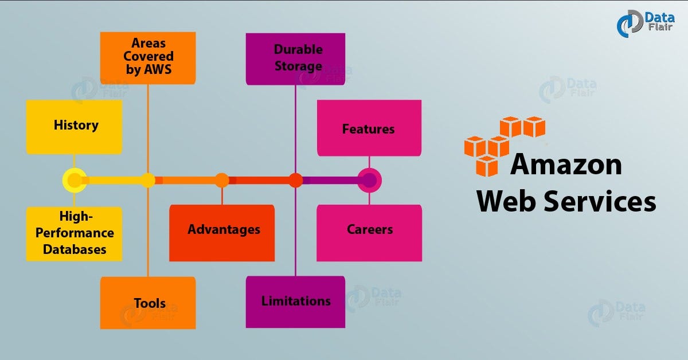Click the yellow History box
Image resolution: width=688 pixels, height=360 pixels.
pos(74,127)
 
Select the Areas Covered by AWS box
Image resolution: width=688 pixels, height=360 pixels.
pos(148,58)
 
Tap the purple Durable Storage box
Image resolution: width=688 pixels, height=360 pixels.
pos(295,59)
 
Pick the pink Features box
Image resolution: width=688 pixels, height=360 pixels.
pos(369,128)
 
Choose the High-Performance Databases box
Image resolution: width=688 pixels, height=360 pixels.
pos(74,234)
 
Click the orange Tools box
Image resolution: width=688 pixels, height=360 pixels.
pos(148,303)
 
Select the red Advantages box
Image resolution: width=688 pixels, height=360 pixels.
pos(222,233)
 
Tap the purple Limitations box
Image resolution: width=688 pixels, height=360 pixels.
pos(295,302)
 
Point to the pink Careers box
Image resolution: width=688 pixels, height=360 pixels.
pos(369,233)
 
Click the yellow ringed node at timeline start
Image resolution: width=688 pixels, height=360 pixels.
pos(75,181)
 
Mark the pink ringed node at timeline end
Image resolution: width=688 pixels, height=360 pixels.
pos(369,181)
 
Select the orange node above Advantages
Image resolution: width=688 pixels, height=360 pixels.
pos(222,181)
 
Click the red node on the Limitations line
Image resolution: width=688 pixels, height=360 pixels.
pos(295,181)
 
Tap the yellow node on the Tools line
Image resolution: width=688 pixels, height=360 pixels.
pos(148,181)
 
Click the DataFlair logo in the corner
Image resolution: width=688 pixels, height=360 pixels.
pos(646,24)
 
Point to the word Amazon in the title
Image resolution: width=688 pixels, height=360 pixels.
pos(566,165)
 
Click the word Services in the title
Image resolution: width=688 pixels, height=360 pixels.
pos(600,201)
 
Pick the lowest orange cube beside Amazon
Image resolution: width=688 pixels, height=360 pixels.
pos(487,166)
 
